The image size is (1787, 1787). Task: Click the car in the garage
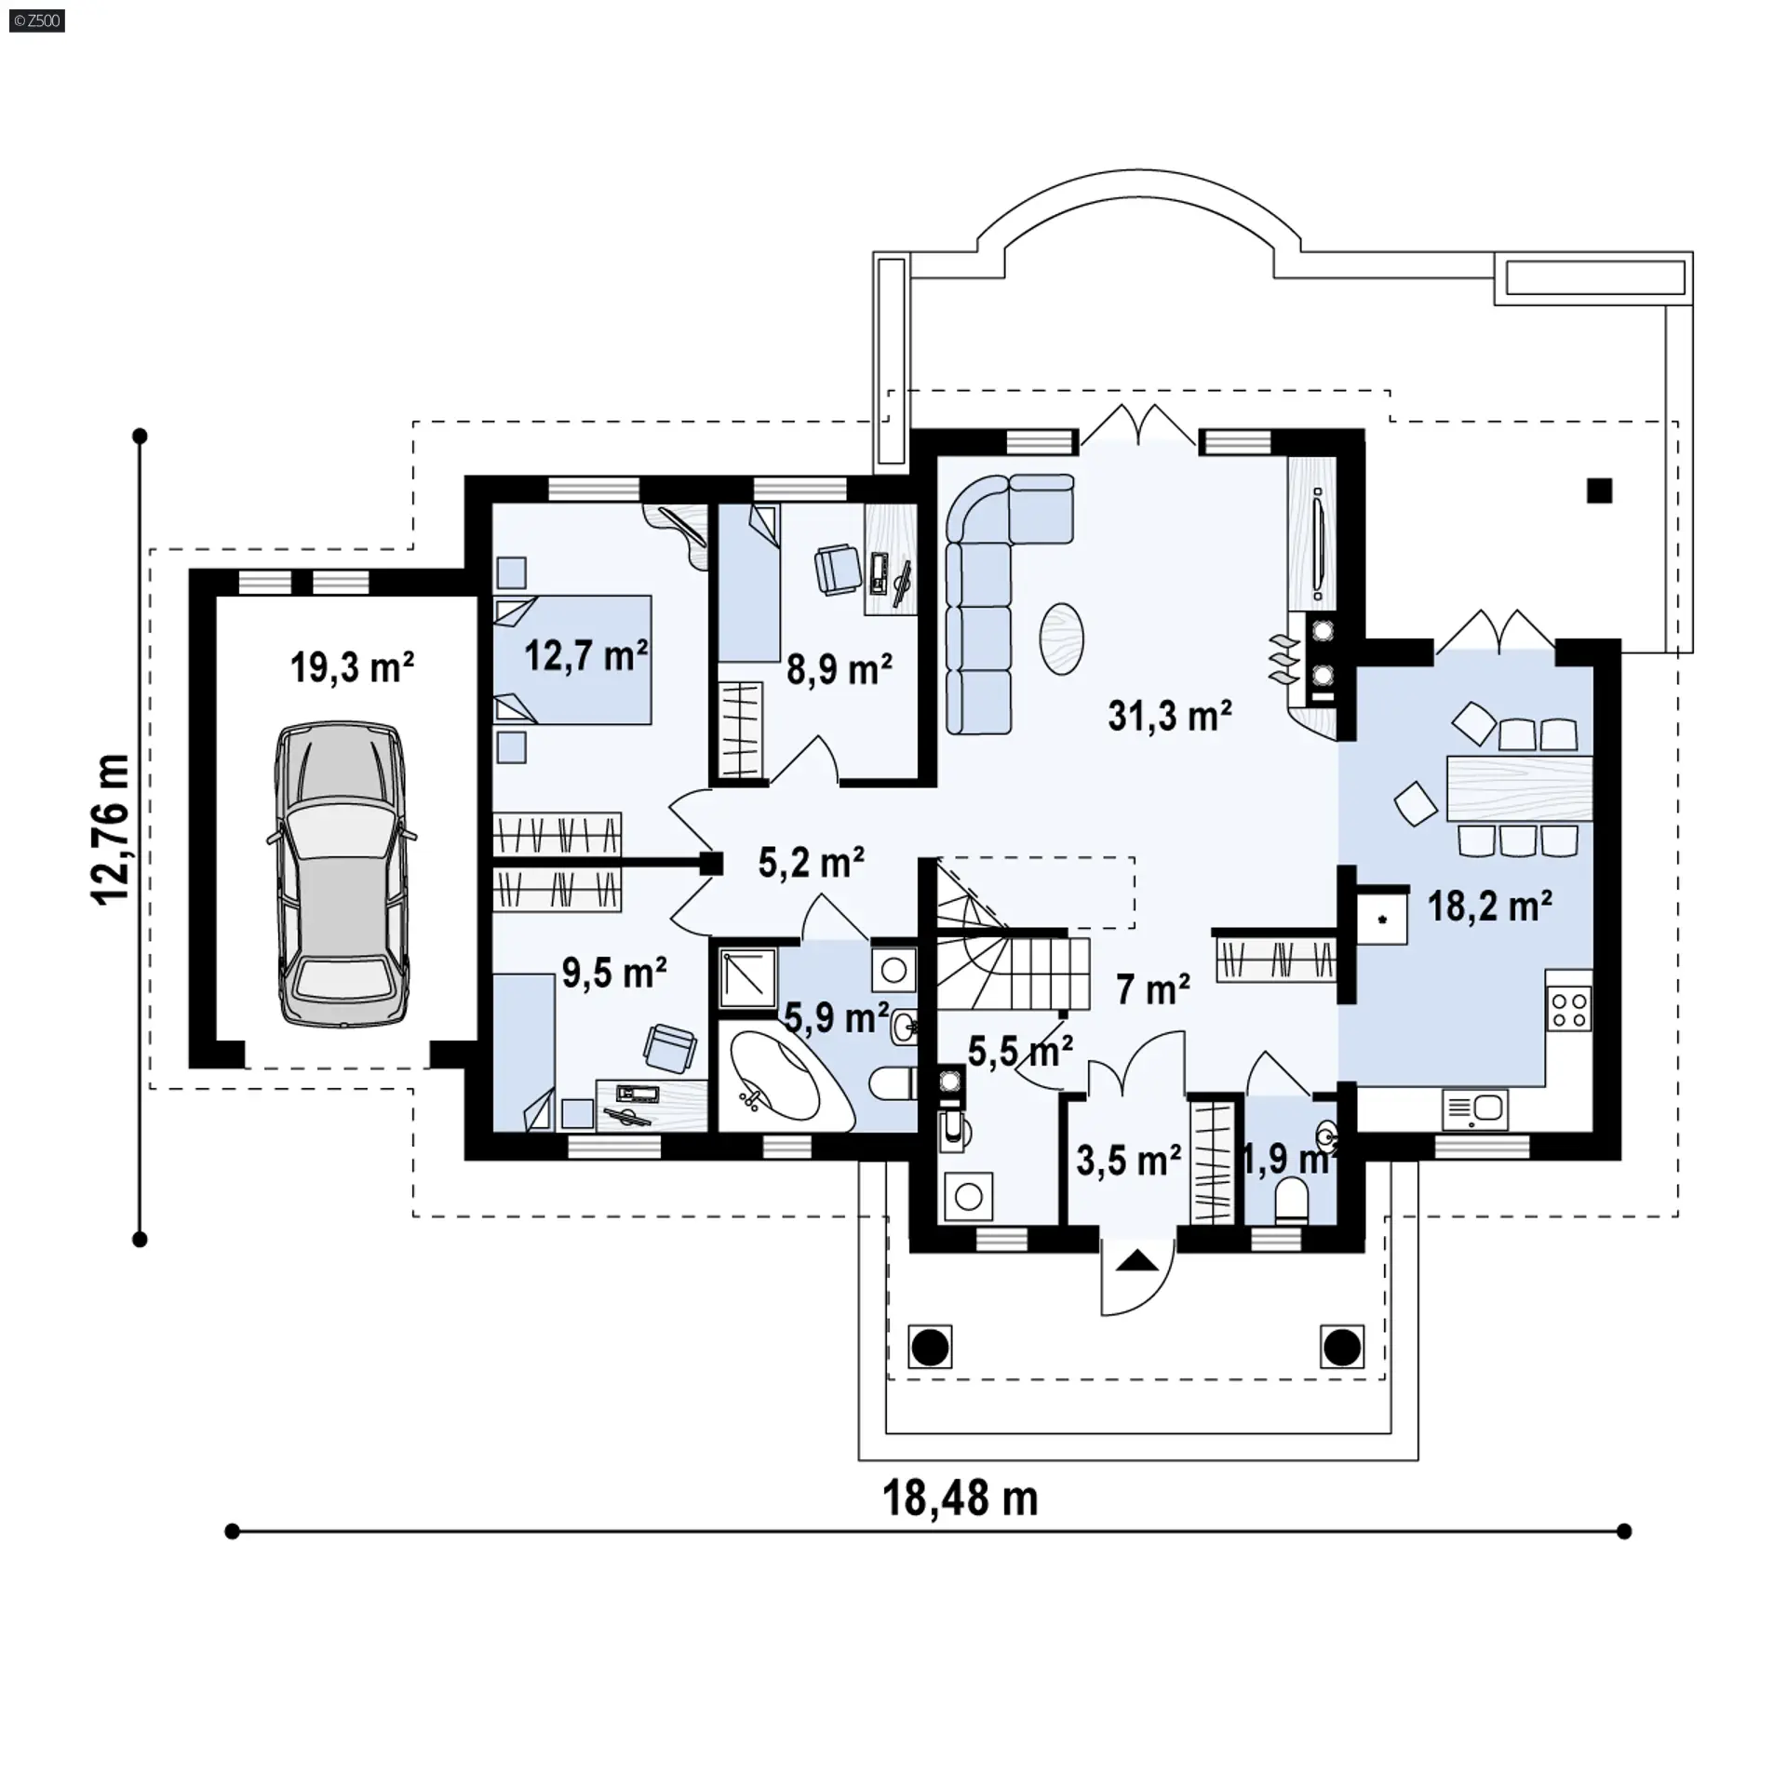(x=341, y=876)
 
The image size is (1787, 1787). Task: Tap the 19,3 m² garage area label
(x=352, y=667)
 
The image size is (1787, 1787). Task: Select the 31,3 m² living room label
(x=1170, y=716)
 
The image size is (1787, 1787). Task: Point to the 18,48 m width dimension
(x=960, y=1498)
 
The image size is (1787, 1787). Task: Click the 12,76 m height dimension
(x=112, y=829)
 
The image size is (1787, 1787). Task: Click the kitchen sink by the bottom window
(x=1475, y=1109)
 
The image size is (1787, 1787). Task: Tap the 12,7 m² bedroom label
(x=586, y=656)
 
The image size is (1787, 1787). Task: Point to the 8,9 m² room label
(x=840, y=669)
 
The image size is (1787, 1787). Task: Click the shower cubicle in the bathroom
(x=747, y=977)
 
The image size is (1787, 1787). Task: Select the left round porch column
(x=929, y=1347)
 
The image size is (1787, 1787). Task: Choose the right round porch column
(x=1341, y=1347)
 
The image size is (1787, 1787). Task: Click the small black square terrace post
(x=1599, y=490)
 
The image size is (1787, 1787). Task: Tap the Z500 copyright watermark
(x=37, y=20)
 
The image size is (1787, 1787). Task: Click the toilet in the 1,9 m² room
(x=1291, y=1201)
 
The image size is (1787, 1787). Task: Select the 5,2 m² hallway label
(x=811, y=863)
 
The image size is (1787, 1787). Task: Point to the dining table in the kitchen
(x=1519, y=788)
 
